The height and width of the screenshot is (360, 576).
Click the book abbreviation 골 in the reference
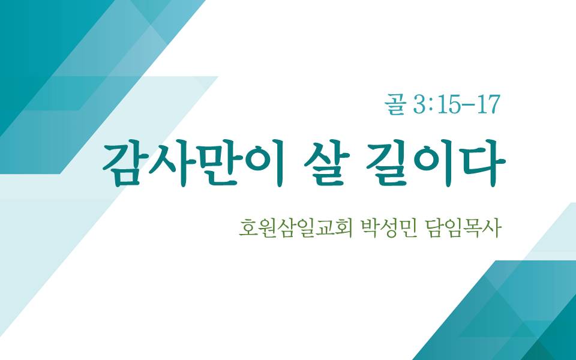coord(395,104)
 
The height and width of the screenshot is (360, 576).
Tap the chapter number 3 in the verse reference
coord(418,105)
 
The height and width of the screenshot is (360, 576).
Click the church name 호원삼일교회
coord(296,228)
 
